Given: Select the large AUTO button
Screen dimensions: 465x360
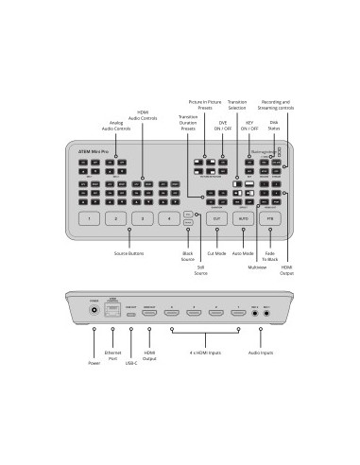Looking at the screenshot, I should [x=244, y=218].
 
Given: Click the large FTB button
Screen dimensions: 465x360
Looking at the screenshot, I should [x=272, y=218].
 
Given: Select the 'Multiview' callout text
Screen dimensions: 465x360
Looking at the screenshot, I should [x=257, y=267].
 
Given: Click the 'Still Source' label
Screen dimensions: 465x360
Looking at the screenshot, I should [x=199, y=270].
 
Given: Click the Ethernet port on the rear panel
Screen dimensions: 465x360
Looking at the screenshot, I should [x=116, y=309].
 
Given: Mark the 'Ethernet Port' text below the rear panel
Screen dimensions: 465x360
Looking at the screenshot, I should [x=112, y=356].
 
